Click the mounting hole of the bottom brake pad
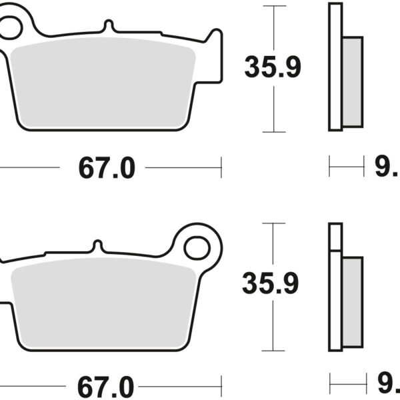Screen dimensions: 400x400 (197, 249)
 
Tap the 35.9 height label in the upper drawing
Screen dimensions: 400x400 (273, 67)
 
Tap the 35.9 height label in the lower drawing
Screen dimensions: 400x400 (270, 283)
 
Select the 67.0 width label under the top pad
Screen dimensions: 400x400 (107, 169)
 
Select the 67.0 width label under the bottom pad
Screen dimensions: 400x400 (107, 386)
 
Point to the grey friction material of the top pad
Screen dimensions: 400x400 (103, 83)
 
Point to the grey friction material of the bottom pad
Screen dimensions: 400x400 (103, 303)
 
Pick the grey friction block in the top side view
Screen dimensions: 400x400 (352, 82)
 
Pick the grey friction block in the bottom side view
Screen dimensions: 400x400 (351, 301)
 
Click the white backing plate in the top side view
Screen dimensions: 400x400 (335, 67)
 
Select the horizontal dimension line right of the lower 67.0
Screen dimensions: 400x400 (183, 385)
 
